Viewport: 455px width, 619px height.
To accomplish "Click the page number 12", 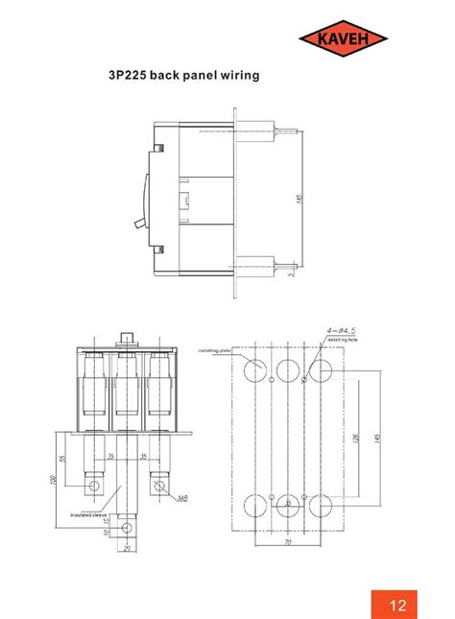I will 398,605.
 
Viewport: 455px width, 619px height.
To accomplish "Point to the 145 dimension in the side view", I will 299,199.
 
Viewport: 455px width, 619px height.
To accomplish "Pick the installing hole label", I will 343,339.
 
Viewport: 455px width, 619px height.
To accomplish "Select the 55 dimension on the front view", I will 62,459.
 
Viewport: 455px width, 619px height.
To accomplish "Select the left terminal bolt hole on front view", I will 95,486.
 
